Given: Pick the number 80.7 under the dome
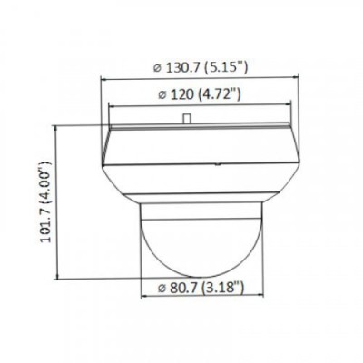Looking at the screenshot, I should pos(185,290).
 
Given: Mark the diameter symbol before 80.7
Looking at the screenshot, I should pos(160,291).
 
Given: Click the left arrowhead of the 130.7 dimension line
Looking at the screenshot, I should pos(103,78).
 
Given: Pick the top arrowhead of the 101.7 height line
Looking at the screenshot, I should pos(58,128).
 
